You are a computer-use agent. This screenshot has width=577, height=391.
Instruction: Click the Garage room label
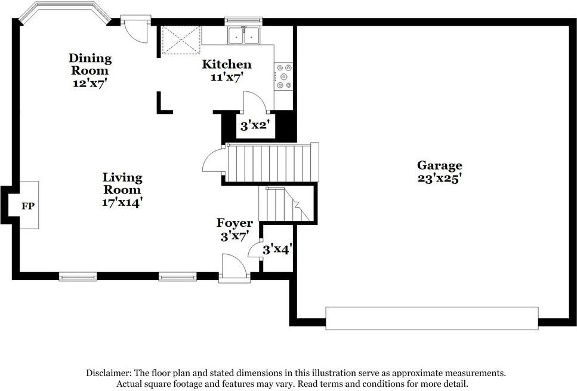coord(439,165)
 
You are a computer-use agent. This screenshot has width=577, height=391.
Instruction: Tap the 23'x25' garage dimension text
coord(439,178)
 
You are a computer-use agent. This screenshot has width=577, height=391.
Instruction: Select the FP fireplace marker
coord(28,206)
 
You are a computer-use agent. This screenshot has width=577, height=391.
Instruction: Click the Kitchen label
coord(227,64)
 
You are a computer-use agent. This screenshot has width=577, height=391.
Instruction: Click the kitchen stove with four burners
coord(284,76)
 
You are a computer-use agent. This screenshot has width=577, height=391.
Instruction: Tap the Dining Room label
coord(90,64)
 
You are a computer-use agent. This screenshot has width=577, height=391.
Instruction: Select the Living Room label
coord(122,183)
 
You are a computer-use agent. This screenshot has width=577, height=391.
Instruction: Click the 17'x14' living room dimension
coord(122,202)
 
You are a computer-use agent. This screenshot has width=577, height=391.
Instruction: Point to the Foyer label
coord(234,223)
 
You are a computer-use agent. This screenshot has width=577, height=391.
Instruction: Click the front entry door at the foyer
coord(234,267)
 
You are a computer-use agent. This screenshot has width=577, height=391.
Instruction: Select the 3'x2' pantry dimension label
coord(255,125)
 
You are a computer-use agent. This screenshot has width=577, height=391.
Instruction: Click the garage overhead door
coord(431,318)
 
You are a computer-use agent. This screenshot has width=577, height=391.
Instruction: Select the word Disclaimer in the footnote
coord(108,372)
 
